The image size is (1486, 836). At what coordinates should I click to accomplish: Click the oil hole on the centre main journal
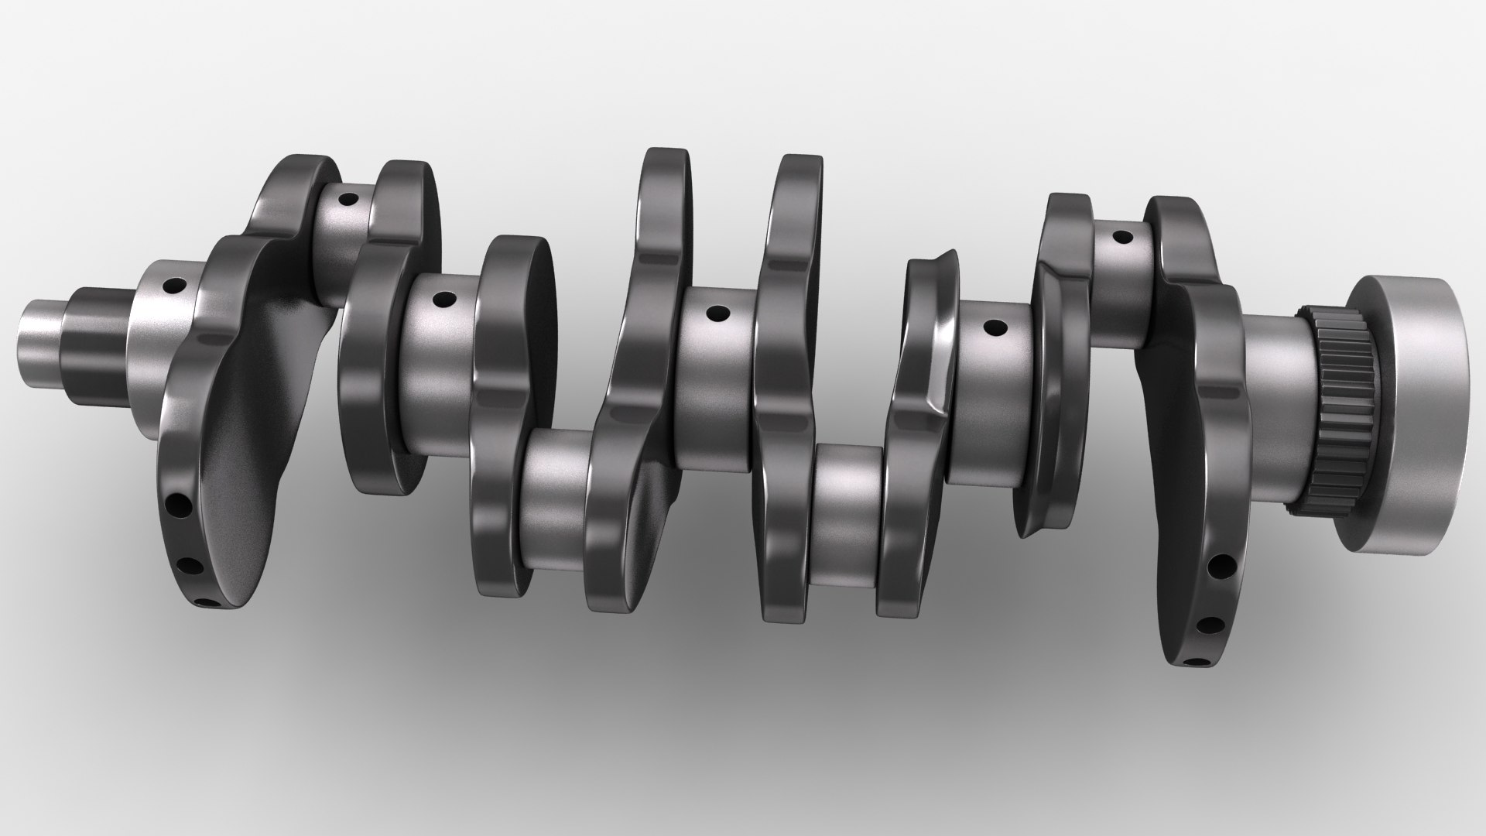point(719,313)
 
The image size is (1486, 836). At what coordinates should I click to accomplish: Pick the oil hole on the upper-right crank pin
point(1120,236)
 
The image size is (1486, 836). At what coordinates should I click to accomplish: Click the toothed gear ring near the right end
point(1335,418)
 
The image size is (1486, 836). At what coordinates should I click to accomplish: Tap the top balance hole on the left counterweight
point(179,505)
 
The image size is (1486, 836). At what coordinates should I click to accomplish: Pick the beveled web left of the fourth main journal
point(925,364)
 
